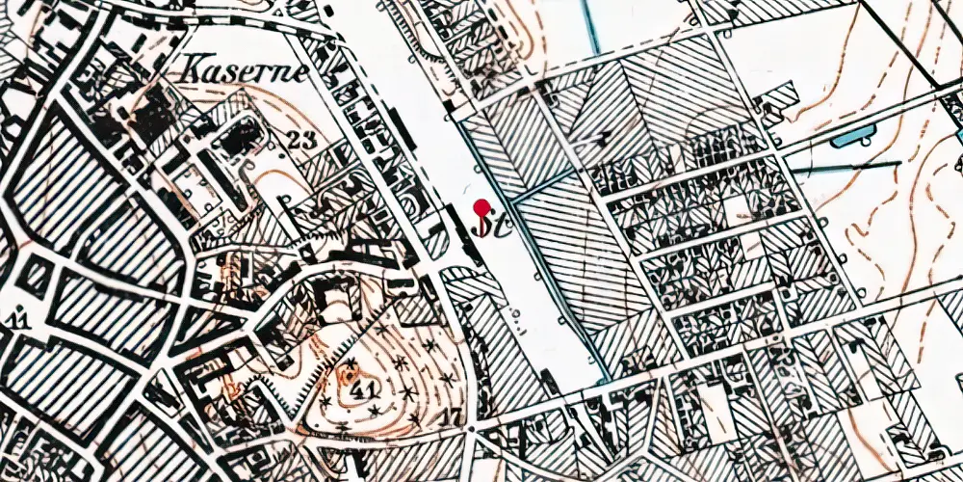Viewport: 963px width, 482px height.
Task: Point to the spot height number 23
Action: click(301, 140)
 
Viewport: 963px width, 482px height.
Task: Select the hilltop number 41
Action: click(363, 390)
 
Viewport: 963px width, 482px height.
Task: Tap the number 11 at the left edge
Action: click(15, 318)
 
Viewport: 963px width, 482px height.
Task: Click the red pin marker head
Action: click(481, 205)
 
